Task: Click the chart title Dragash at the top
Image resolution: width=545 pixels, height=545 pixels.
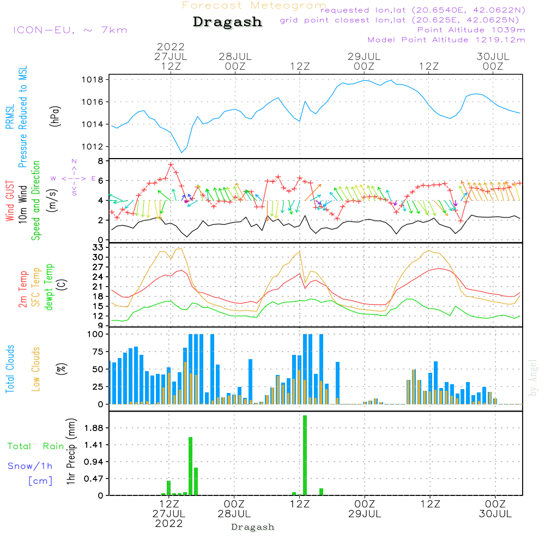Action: pos(227,22)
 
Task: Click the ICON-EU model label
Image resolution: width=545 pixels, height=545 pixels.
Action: pos(70,30)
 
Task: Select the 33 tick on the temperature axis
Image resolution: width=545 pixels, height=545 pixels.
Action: pos(99,247)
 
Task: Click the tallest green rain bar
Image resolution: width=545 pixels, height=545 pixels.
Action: pos(305,455)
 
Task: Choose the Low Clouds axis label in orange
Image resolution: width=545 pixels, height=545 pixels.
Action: pos(36,369)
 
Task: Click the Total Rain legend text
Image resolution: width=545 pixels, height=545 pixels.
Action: pos(35,446)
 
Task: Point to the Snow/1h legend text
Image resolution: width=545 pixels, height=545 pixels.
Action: pos(30,467)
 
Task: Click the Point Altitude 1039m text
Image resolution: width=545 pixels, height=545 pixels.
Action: pos(471,29)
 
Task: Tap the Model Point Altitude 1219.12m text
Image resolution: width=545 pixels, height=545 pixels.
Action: pos(446,40)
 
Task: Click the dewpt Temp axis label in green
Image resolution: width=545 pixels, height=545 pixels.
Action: pos(49,287)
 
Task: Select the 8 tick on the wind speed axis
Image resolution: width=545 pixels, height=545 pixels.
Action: pos(100,161)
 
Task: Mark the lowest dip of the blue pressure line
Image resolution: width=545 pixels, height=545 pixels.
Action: pos(181,152)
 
